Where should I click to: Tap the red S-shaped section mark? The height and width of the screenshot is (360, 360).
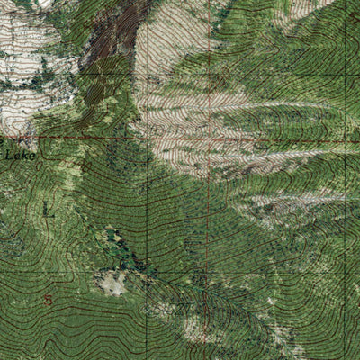[x=48, y=298]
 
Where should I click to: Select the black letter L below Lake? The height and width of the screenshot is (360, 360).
[x=47, y=210]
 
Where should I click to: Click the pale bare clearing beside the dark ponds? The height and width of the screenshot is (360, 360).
[x=112, y=284]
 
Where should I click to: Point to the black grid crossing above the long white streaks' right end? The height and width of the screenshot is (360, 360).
[x=346, y=72]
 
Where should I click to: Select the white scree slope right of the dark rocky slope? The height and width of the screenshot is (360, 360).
[x=175, y=36]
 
